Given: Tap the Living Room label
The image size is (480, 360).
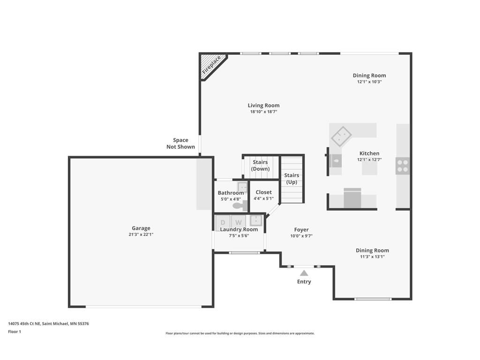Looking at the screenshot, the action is tap(263, 105).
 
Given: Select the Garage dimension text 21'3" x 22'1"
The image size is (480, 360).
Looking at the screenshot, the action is tap(141, 234).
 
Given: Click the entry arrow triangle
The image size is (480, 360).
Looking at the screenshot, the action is tap(304, 273).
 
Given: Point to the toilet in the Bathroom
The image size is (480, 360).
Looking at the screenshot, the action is tap(240, 205).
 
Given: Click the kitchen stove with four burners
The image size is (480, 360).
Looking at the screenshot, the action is tap(403, 166).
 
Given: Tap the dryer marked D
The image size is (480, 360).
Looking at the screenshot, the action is tap(223, 221).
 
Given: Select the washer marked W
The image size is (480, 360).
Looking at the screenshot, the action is tap(239, 221).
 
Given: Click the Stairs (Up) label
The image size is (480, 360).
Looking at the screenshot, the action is tap(292, 179).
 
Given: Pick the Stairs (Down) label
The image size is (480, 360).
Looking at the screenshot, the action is tap(260, 165).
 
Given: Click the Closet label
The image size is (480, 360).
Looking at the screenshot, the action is tap(263, 192).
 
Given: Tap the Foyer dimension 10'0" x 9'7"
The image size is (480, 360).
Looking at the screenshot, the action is tap(301, 236).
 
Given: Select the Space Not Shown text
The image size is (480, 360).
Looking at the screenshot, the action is tap(180, 143).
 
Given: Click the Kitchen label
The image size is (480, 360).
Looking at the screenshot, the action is tap(369, 153).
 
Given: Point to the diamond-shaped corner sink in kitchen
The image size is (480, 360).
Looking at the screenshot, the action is tap(341, 136).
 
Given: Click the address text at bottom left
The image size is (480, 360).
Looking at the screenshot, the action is tap(48, 323).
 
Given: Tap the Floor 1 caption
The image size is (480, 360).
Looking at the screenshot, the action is tap(15, 331).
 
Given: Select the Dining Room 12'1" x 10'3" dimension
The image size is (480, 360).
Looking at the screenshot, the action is tap(369, 82).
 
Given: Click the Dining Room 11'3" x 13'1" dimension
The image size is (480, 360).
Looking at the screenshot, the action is tap(372, 257).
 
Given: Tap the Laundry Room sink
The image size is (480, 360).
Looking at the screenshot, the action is tap(255, 221).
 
